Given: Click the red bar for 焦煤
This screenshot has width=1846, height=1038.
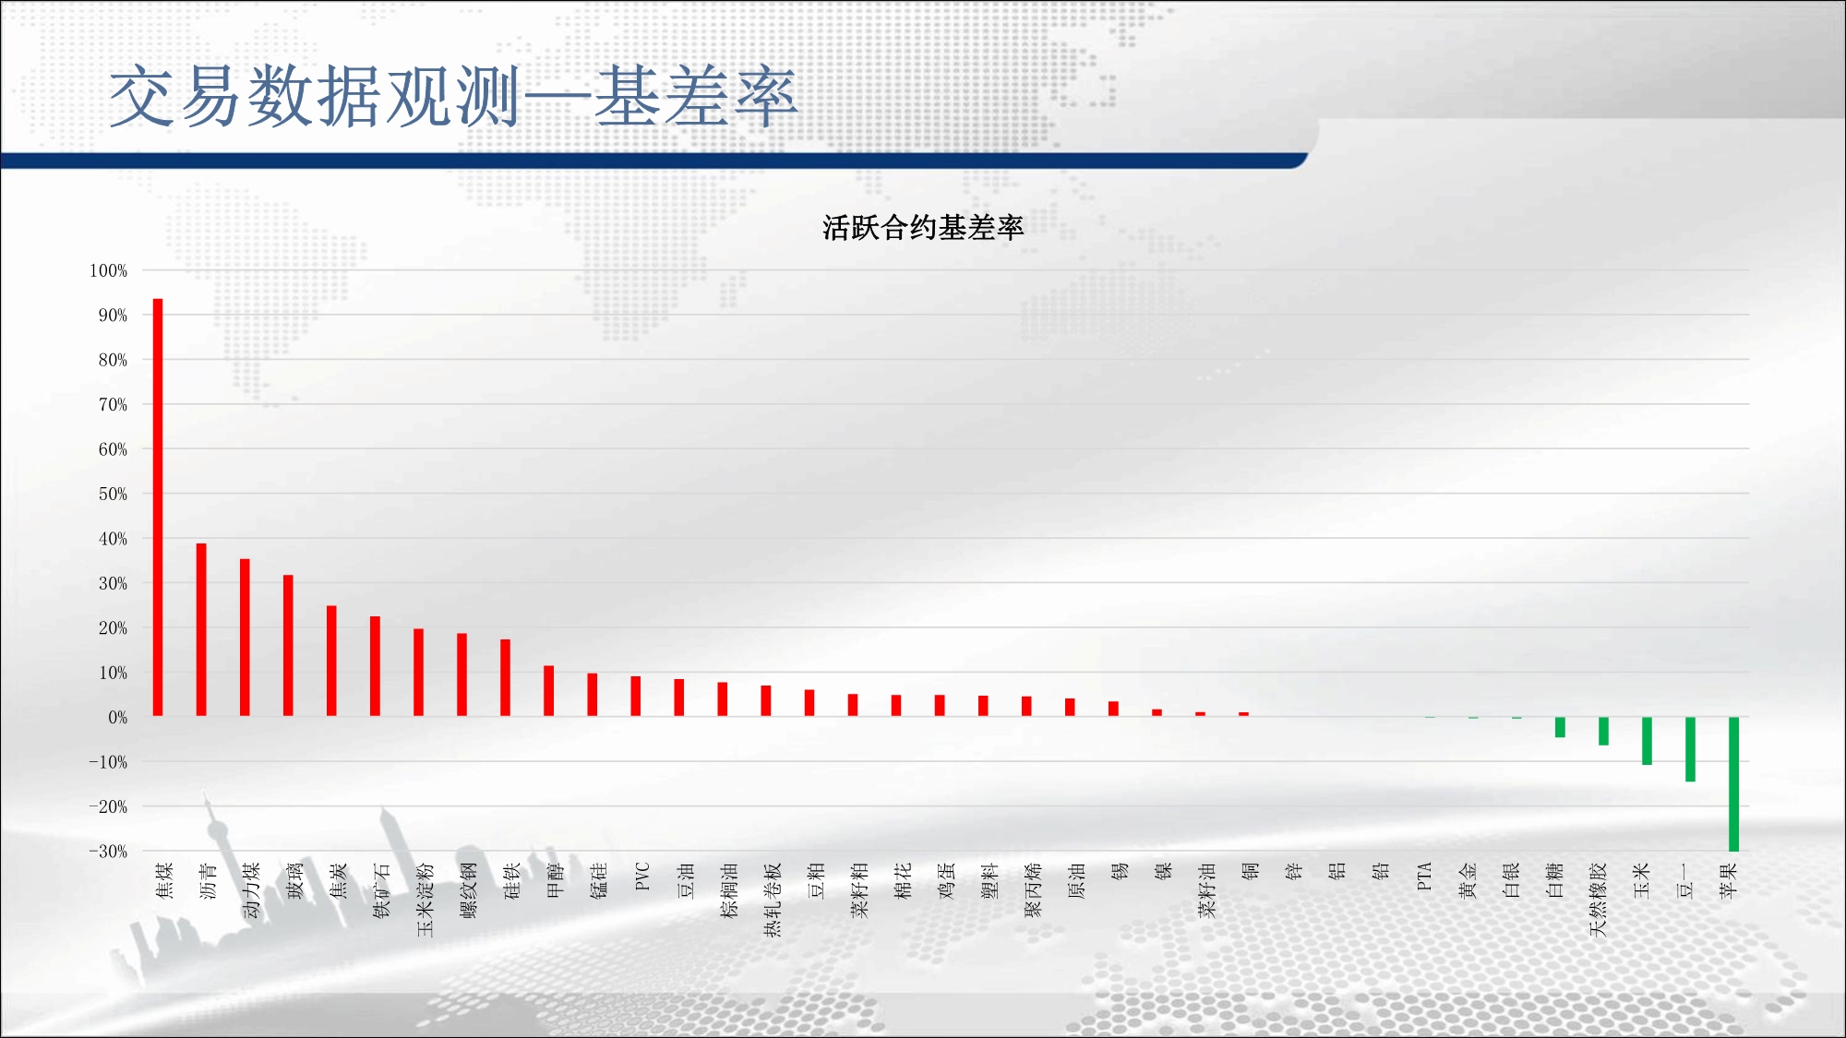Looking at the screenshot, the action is tap(158, 507).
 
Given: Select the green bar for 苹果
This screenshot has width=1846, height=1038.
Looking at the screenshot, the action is tap(1733, 784).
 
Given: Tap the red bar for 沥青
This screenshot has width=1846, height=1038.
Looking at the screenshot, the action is tap(201, 630).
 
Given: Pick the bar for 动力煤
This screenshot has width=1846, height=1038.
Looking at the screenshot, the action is tap(245, 638).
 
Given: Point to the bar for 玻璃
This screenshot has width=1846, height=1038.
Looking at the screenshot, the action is tap(288, 646).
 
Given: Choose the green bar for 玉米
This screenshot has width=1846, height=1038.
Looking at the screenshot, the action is tap(1647, 741).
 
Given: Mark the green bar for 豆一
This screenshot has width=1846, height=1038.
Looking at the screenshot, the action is tap(1690, 749).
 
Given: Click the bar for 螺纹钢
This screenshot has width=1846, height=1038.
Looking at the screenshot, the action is tap(461, 675).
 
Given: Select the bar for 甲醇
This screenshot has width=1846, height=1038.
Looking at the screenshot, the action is tap(548, 691).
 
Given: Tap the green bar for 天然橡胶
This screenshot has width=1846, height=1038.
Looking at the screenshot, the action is tap(1603, 731).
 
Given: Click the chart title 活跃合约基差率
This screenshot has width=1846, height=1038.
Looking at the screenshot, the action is tap(923, 228).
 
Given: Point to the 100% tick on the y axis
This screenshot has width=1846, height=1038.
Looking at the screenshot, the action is tap(108, 270).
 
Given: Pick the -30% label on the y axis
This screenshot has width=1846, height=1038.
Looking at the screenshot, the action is tap(108, 852).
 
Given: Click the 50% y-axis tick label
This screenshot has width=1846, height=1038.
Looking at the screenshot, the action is tap(113, 494).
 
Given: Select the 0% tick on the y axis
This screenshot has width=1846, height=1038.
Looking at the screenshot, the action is tap(118, 717).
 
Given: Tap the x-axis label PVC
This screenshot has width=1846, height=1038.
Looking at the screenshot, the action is tap(642, 877).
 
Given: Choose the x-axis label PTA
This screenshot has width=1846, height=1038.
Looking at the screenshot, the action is tap(1424, 877).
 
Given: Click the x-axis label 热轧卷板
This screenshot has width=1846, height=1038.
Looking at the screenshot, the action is tap(773, 900).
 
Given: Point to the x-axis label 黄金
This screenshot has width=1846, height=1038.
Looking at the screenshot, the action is tap(1468, 881).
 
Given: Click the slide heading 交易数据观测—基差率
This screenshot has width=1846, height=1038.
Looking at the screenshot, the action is tap(452, 96).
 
